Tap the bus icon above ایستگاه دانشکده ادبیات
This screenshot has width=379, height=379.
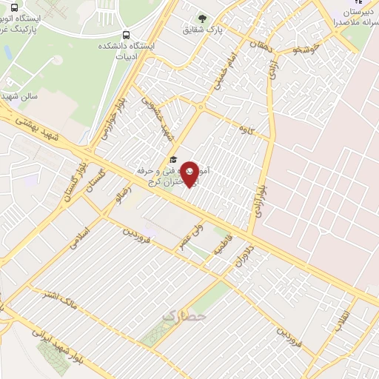(x=127, y=34)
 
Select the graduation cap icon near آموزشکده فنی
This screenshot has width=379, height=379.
(x=173, y=159)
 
